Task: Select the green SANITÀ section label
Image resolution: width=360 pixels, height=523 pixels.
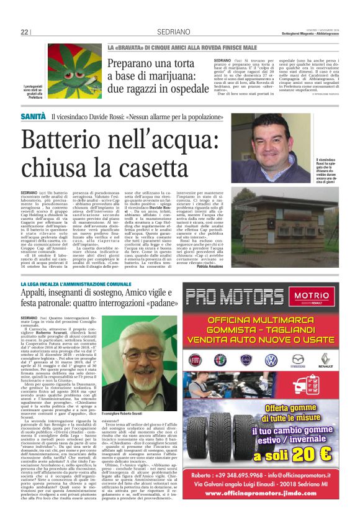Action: pyautogui.click(x=33, y=116)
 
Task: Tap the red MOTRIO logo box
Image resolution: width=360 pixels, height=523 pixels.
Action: pyautogui.click(x=317, y=295)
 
